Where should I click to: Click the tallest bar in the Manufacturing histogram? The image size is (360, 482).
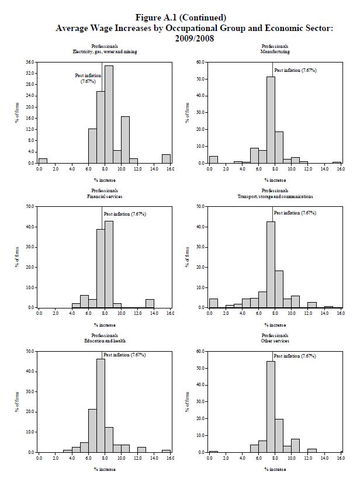(x=271, y=120)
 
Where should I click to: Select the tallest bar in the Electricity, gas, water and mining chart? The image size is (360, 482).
(x=109, y=114)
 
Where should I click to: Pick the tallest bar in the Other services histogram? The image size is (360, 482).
(x=271, y=407)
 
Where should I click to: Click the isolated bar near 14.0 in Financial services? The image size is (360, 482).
(x=150, y=303)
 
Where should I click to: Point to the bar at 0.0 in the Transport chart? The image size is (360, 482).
(x=213, y=303)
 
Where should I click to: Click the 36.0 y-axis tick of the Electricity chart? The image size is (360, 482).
(x=29, y=62)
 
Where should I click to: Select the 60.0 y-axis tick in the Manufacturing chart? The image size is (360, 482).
(x=200, y=62)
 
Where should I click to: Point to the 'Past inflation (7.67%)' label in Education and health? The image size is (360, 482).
(x=124, y=355)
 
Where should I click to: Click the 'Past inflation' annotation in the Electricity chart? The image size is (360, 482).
(x=88, y=78)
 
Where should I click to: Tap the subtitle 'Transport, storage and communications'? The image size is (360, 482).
(x=275, y=196)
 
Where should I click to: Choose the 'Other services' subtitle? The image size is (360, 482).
(x=275, y=341)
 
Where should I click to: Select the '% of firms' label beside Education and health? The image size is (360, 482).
(x=17, y=401)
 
